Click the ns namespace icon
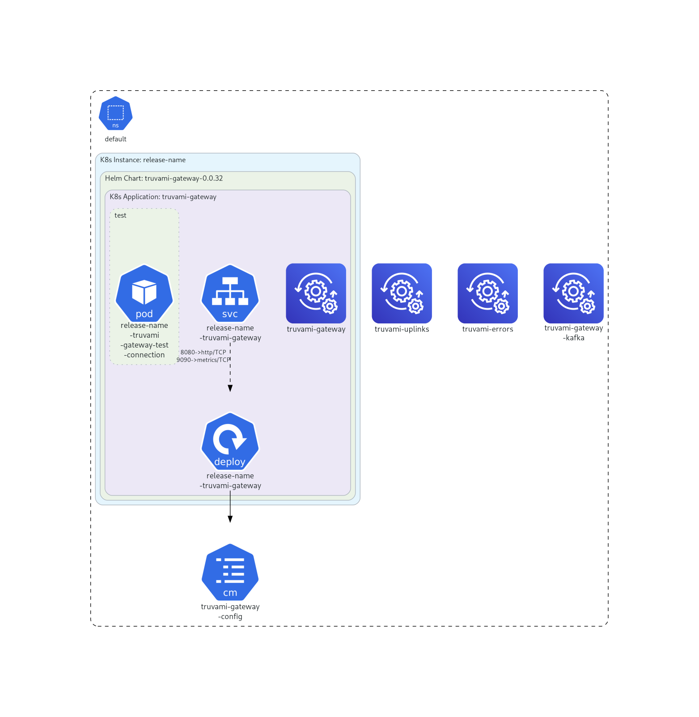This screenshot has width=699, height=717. point(115,113)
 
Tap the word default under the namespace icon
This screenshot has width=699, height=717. point(115,139)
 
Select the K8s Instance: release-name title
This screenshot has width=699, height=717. point(143,160)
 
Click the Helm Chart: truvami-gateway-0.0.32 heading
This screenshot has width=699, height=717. point(164,178)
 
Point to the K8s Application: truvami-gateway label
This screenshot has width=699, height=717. point(163,197)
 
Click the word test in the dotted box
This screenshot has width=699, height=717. point(120,215)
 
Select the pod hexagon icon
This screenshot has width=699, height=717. point(144,293)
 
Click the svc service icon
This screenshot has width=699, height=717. point(230,293)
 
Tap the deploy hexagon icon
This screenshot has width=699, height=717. point(230,441)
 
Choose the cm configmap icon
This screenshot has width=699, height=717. point(230,572)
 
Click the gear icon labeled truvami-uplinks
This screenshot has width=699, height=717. point(402,293)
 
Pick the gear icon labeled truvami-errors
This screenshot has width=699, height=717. point(487,293)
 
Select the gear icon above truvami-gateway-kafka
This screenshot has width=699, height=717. point(573,293)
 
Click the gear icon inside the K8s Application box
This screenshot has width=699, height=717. point(316,293)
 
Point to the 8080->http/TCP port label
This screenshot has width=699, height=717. point(203,352)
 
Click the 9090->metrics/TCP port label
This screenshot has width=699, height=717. point(203,360)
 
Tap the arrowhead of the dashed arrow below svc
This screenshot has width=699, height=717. point(230,389)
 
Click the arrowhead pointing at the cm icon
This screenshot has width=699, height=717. point(230,519)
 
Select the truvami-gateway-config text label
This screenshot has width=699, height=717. point(230,611)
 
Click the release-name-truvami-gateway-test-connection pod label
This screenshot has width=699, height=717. point(144,340)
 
